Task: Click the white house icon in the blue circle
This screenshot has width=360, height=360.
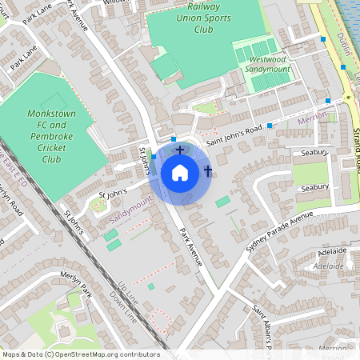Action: (180, 173)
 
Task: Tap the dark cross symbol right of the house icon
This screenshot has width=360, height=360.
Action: (208, 171)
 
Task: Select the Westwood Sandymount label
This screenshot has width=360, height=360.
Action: (268, 65)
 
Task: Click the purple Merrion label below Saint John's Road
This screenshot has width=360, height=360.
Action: (312, 118)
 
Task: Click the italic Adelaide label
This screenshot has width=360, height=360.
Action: (329, 265)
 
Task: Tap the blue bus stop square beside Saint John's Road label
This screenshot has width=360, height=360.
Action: (270, 126)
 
